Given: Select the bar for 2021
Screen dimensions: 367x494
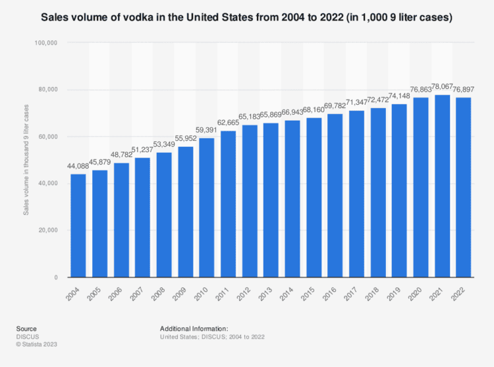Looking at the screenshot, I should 443,186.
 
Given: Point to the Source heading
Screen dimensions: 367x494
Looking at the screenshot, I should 27,328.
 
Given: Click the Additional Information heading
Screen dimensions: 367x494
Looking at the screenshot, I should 194,328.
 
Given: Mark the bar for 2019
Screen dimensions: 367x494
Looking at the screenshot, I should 400,190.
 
